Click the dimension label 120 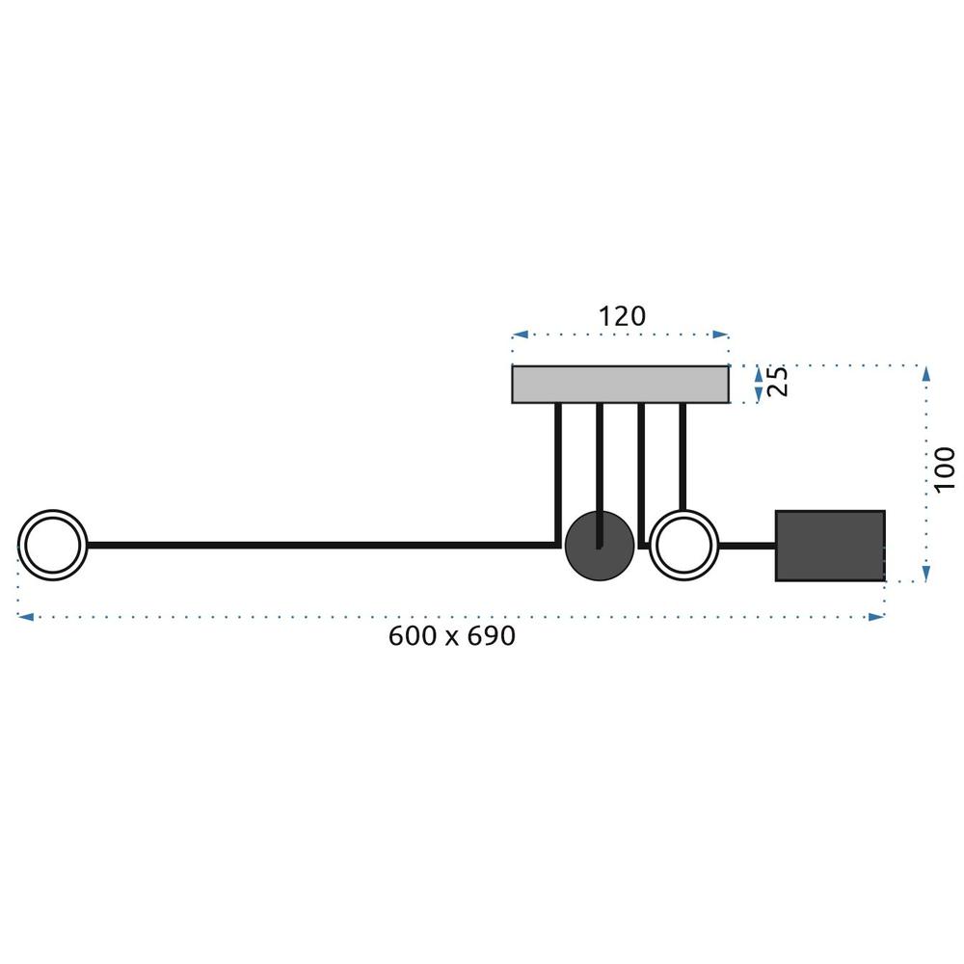pyautogui.click(x=622, y=316)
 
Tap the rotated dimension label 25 pyautogui.click(x=778, y=381)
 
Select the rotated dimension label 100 pyautogui.click(x=945, y=469)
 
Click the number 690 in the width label pyautogui.click(x=492, y=635)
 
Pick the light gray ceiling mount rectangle pyautogui.click(x=620, y=385)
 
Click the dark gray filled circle pyautogui.click(x=600, y=546)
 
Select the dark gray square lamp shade pyautogui.click(x=830, y=546)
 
